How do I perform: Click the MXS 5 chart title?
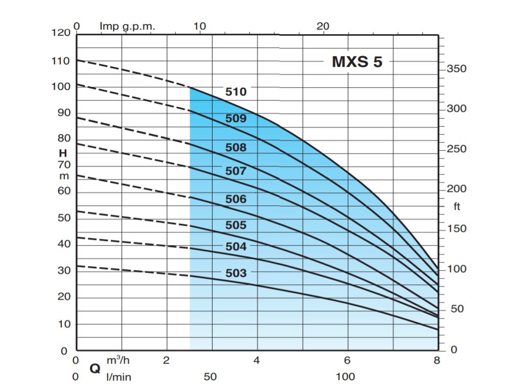click(357, 62)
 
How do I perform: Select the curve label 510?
click(236, 92)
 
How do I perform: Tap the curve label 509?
click(236, 118)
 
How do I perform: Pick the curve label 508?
click(236, 148)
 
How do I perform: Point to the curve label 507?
click(236, 171)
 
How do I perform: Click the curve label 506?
click(236, 199)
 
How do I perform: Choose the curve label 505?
click(236, 225)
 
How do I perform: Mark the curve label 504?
click(236, 247)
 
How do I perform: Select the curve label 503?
click(236, 273)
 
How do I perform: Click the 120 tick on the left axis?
click(61, 33)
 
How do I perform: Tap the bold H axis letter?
click(63, 153)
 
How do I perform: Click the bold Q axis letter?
click(95, 369)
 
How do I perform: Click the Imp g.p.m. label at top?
click(127, 26)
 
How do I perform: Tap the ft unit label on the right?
click(457, 207)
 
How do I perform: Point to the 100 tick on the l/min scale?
click(346, 377)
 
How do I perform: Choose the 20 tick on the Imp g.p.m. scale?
click(323, 26)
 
